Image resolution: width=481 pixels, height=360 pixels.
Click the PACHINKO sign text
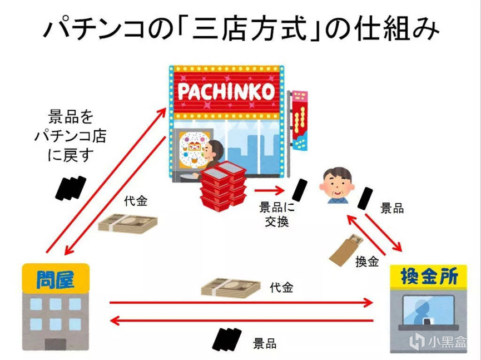tap(226, 92)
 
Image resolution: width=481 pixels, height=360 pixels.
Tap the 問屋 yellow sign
tap(56, 278)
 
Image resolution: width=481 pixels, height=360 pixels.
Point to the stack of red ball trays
tap(224, 186)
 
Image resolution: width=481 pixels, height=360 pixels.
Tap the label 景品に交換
tap(277, 214)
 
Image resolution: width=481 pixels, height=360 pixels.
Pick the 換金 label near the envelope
tap(367, 262)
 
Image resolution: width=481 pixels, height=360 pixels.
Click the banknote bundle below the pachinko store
tap(127, 223)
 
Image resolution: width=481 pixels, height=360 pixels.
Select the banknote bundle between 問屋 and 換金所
tap(231, 288)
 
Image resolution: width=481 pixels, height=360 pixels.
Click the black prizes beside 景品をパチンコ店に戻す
tap(71, 188)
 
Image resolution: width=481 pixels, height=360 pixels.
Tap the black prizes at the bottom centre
tap(226, 339)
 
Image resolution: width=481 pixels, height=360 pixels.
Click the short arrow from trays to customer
tap(269, 191)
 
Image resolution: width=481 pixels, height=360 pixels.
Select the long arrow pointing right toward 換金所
tap(241, 303)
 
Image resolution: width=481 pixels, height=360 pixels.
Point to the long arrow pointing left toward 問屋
tap(241, 320)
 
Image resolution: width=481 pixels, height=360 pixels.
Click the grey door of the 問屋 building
tap(56, 344)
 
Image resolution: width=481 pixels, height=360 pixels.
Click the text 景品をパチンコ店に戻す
tap(71, 135)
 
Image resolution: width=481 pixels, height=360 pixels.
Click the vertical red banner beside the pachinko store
tap(299, 120)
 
